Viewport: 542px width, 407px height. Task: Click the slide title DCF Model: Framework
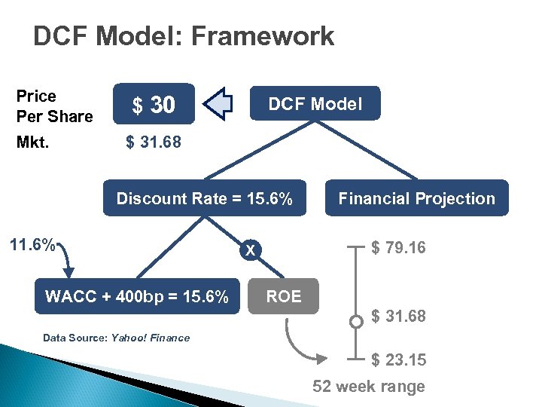pos(184,35)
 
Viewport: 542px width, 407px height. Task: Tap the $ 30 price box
pos(154,105)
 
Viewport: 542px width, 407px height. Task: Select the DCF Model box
pos(315,104)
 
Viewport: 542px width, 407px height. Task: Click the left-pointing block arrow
pos(220,104)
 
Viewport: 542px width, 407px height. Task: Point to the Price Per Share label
pos(54,106)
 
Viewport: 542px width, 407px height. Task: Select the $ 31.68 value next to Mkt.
pos(153,142)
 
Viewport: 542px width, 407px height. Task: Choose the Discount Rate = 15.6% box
pos(205,198)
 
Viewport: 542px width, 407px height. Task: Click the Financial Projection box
pos(416,198)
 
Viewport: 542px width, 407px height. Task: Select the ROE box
pos(284,296)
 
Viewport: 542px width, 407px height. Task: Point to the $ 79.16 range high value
pos(398,246)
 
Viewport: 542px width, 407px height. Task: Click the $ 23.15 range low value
pos(398,360)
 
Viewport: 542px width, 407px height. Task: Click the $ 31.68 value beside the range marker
pos(398,317)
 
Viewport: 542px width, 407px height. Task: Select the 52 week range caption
pos(369,387)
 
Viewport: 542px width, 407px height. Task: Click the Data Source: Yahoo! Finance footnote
pos(116,338)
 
